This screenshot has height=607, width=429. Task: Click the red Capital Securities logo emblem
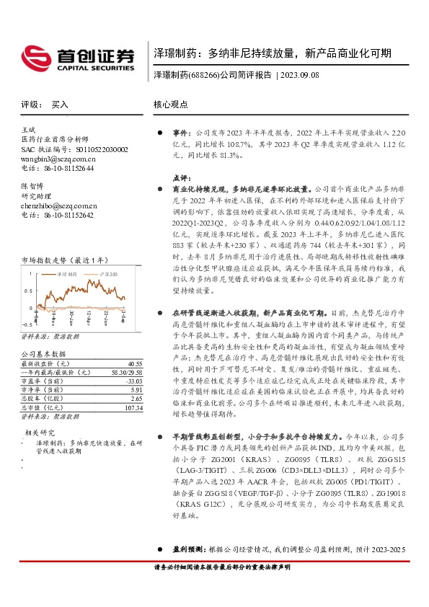point(36,56)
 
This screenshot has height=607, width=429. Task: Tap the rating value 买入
point(59,105)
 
